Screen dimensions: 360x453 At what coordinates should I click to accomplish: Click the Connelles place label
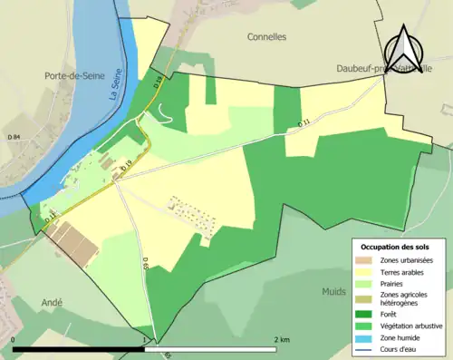coord(266,37)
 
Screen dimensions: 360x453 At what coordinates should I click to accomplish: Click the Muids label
coord(333,292)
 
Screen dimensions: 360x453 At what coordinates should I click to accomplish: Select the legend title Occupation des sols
coord(397,247)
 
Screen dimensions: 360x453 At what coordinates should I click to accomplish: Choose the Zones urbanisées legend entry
coord(405,260)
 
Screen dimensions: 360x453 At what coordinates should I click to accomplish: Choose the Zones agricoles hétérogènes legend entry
coord(403,298)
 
